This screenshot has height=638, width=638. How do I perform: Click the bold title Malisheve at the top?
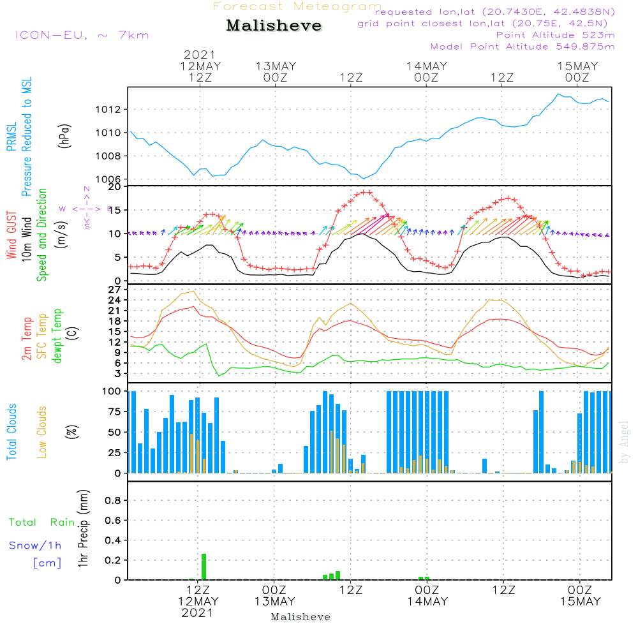(274, 26)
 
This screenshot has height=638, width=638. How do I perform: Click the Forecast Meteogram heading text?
(297, 6)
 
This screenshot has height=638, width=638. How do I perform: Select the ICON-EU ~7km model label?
(82, 35)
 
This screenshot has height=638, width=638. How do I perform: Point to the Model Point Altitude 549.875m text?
(523, 47)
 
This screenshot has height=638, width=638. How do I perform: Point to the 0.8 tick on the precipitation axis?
(113, 501)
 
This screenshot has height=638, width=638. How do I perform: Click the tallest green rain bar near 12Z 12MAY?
(204, 567)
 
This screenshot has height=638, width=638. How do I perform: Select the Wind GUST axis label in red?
(11, 235)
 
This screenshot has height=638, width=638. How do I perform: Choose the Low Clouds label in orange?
(43, 431)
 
